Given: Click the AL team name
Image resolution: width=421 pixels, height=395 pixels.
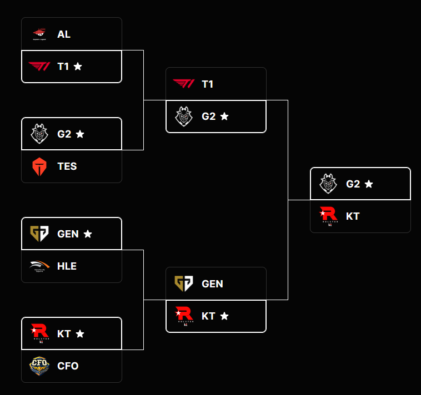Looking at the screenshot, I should point(64,34).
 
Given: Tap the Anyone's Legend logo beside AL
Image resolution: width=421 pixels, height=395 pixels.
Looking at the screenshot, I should point(39,34).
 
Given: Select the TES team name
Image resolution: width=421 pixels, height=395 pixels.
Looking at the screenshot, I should point(67,166).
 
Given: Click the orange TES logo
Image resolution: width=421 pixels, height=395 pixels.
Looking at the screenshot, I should point(39,166).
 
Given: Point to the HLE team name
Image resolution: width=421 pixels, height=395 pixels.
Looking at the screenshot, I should point(67,266).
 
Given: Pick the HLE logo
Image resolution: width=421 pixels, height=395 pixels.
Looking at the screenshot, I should point(39,266).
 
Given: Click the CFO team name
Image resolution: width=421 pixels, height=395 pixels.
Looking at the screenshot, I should point(68,366).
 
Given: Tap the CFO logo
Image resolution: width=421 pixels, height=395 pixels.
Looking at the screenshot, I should point(39,366).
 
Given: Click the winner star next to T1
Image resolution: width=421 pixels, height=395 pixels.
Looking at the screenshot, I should point(78,67).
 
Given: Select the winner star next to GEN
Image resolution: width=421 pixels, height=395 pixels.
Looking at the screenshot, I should point(88,234).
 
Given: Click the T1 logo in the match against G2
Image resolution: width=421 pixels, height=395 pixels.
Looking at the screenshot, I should point(184,84).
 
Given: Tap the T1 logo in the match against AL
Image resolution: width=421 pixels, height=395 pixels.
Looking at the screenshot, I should point(39,67).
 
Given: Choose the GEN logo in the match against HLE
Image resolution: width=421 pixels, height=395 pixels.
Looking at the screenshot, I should point(39,234).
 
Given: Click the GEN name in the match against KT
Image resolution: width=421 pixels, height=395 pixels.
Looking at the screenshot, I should point(212,284).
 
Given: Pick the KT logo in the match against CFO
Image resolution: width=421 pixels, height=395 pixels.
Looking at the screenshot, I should point(39,333).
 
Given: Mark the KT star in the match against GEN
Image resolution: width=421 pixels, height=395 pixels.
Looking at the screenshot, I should point(224,316).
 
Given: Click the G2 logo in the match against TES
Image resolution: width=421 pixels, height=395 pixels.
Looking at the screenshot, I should point(39,134).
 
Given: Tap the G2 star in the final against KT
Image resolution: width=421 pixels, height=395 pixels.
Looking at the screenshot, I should point(369,184).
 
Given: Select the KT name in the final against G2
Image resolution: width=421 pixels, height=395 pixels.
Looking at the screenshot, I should point(353,216).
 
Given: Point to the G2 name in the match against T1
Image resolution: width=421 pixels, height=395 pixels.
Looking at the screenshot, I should point(208,117).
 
